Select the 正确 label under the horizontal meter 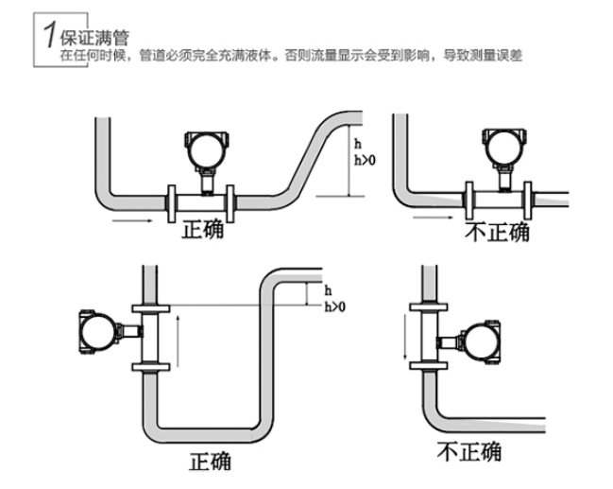202,230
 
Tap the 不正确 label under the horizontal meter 497,233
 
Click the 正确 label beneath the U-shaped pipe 210,462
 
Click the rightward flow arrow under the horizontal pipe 129,222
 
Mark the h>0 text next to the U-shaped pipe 334,306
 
